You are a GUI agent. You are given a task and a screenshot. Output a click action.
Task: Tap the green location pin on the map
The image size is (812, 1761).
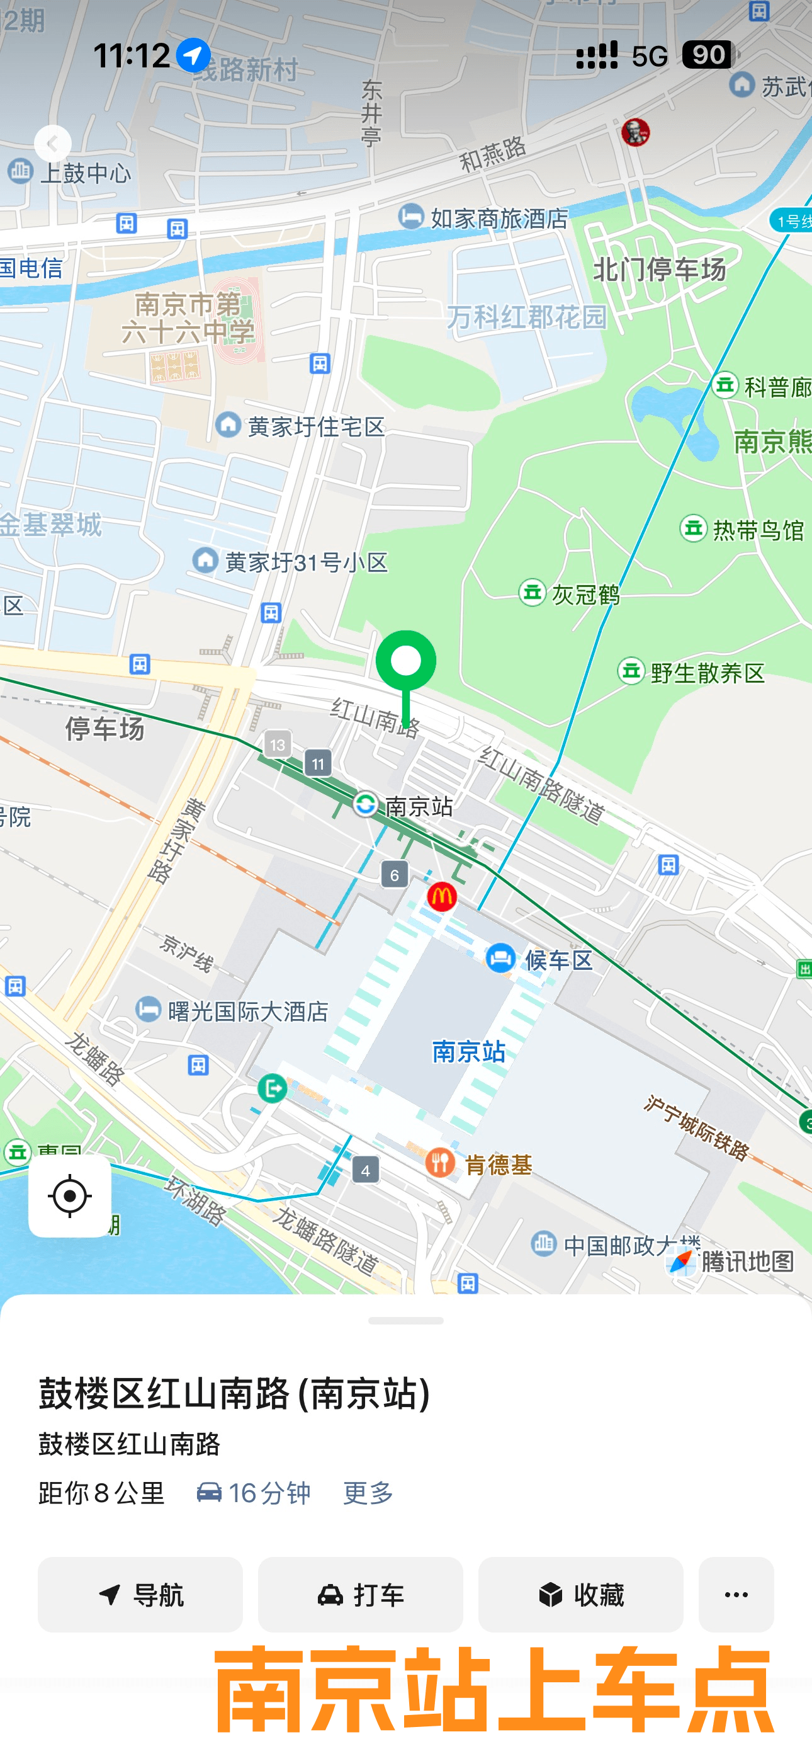(x=406, y=662)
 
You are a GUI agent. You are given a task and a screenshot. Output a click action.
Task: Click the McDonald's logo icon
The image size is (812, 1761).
(x=441, y=896)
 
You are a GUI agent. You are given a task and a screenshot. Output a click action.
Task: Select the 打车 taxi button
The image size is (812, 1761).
(x=360, y=1595)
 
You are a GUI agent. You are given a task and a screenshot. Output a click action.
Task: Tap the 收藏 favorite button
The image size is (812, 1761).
(x=580, y=1595)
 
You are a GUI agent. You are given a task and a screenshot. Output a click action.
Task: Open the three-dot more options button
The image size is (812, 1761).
(x=735, y=1595)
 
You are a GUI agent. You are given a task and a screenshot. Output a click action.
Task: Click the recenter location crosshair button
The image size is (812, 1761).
(x=70, y=1196)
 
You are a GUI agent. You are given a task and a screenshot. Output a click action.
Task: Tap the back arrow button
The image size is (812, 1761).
(x=53, y=144)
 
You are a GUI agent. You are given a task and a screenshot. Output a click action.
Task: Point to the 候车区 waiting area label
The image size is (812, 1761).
(x=557, y=960)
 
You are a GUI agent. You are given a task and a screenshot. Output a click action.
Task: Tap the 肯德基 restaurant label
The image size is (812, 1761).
(x=498, y=1164)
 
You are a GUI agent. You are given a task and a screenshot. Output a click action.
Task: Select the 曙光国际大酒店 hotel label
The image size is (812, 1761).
(x=247, y=1011)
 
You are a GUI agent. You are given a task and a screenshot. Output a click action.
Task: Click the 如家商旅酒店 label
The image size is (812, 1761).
(x=499, y=219)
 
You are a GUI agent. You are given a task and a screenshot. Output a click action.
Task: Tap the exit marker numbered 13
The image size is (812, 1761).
(x=278, y=744)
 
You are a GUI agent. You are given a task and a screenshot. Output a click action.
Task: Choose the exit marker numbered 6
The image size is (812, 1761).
(x=395, y=875)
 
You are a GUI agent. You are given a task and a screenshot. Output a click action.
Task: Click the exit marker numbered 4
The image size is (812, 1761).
(x=366, y=1171)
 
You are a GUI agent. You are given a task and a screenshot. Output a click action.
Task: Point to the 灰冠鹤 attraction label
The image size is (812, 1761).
(x=585, y=595)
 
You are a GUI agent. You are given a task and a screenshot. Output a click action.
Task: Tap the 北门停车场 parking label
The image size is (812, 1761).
(x=659, y=270)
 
